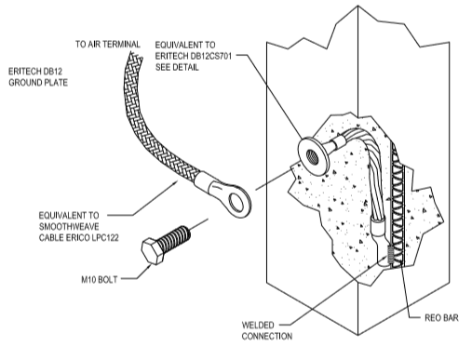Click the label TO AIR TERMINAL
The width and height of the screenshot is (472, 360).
point(108,45)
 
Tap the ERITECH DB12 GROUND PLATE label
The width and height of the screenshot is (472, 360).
point(38,77)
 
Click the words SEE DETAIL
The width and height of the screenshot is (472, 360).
point(177,67)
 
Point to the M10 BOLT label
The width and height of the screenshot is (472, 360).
point(100,280)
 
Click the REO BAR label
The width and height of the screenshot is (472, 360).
point(441,318)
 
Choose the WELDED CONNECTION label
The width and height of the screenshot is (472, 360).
point(267,330)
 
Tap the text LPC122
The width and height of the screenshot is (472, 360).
point(105,238)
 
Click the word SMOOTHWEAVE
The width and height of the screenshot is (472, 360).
point(69,227)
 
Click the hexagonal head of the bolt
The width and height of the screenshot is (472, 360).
point(153,251)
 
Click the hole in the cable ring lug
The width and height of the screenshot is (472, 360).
point(236,201)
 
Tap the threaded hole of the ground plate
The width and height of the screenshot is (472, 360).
point(311,157)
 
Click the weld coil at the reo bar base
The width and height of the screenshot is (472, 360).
point(390,255)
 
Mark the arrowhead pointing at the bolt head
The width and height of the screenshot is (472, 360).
point(148,266)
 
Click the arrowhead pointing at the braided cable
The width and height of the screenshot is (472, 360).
point(176,182)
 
